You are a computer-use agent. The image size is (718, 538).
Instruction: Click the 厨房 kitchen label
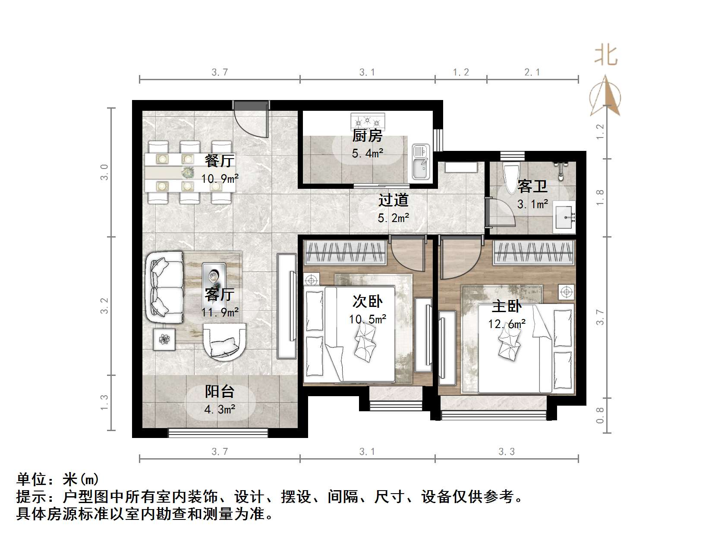[x=367, y=136]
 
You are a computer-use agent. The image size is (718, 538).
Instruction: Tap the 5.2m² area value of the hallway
[x=393, y=218]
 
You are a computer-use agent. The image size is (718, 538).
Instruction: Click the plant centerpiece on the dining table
[x=187, y=173]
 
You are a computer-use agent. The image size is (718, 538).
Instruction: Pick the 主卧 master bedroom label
[x=507, y=307]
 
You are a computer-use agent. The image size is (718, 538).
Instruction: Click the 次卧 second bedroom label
[x=367, y=301]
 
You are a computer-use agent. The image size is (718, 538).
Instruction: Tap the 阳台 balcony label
[x=219, y=391]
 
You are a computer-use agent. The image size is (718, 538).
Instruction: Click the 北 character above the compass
[x=606, y=56]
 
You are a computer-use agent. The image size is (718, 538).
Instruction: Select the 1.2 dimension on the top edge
[x=460, y=72]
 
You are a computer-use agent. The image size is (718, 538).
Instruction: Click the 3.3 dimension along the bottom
[x=507, y=452]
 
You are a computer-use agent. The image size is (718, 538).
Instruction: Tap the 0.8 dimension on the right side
[x=600, y=415]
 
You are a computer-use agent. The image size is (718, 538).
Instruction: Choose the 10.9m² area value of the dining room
[x=220, y=178]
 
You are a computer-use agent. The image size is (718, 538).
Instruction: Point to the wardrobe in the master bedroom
[x=534, y=253]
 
